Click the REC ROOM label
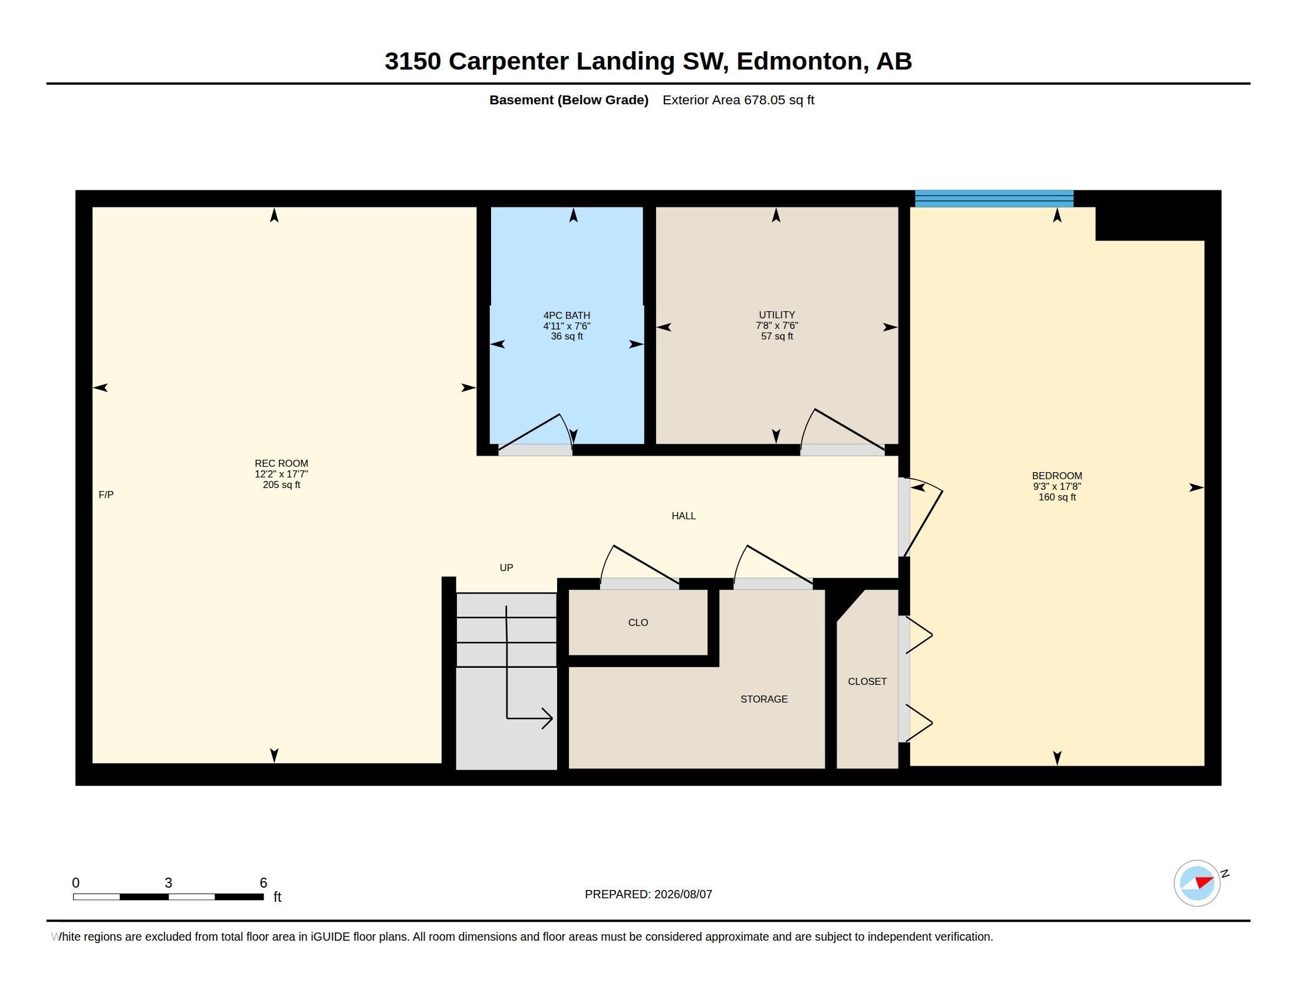[x=281, y=464]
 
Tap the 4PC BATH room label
[x=567, y=316]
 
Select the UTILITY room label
[x=777, y=315]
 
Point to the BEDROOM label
[x=1057, y=476]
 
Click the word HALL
[x=683, y=516]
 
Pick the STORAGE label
[x=764, y=699]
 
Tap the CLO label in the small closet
[x=638, y=622]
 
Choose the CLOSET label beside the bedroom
[x=867, y=681]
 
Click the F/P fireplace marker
[x=106, y=495]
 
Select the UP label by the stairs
[x=506, y=568]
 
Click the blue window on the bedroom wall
[x=994, y=198]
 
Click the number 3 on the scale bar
[x=169, y=883]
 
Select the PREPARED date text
[x=648, y=895]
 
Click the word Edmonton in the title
[x=799, y=61]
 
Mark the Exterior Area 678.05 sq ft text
[x=738, y=100]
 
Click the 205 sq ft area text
[x=281, y=485]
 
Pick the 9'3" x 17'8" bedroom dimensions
[x=1057, y=487]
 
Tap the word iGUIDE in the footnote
[x=330, y=937]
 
